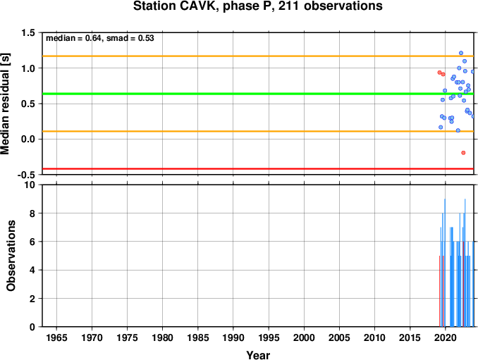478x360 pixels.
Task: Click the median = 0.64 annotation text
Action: pos(73,38)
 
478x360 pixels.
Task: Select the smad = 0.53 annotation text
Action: pos(130,38)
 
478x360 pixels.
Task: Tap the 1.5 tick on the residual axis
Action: pos(28,32)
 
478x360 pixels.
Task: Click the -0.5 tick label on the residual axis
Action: pos(26,175)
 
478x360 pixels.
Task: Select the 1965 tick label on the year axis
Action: pos(56,337)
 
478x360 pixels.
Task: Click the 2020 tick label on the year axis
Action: pos(446,337)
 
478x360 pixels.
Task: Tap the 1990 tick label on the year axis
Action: pos(233,337)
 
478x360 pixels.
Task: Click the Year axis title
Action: pos(258,355)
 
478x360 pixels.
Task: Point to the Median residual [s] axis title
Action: pos(5,104)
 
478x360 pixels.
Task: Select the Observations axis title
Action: pos(11,256)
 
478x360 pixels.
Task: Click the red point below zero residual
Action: pos(463,153)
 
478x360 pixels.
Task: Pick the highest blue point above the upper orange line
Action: pos(461,53)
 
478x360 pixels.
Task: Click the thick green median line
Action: pos(258,94)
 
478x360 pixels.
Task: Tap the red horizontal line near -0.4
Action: pos(258,169)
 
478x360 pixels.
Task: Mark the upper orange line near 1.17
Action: pos(258,56)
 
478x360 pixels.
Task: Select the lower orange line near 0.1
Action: pos(258,131)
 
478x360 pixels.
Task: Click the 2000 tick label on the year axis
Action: pos(304,337)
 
